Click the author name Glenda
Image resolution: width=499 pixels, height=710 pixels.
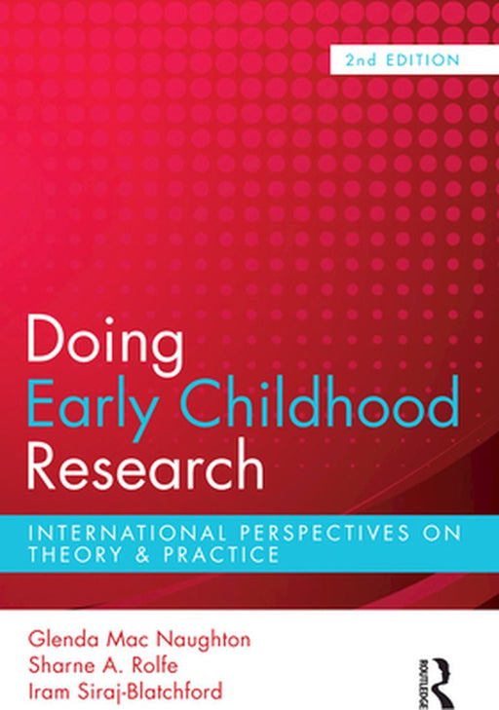(60, 641)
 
